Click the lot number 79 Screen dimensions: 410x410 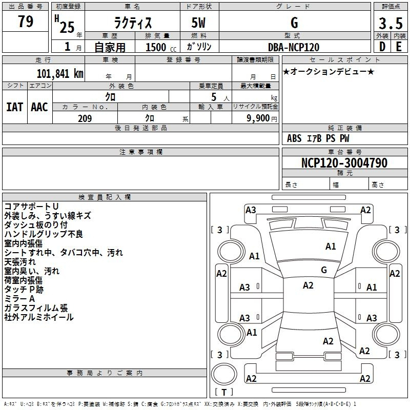pyautogui.click(x=26, y=21)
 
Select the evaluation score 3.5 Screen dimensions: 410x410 pyautogui.click(x=391, y=23)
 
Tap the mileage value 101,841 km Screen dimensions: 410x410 pyautogui.click(x=60, y=74)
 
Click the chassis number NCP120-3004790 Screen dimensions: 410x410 pyautogui.click(x=344, y=162)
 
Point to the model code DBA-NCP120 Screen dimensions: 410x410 pyautogui.click(x=294, y=47)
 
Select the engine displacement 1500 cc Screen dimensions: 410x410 pyautogui.click(x=161, y=47)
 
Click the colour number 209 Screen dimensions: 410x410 pyautogui.click(x=85, y=118)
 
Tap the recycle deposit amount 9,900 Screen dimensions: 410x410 pyautogui.click(x=258, y=118)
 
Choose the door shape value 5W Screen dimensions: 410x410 pyautogui.click(x=198, y=23)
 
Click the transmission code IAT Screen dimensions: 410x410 pyautogui.click(x=15, y=107)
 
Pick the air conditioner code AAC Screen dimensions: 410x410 pyautogui.click(x=39, y=107)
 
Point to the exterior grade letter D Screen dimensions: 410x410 pyautogui.click(x=382, y=47)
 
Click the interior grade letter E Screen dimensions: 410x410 pyautogui.click(x=399, y=47)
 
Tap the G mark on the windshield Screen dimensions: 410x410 pyautogui.click(x=324, y=270)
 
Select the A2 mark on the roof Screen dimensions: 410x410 pyautogui.click(x=308, y=285)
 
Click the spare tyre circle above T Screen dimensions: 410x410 pyautogui.click(x=224, y=374)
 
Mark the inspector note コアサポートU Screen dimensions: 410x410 pyautogui.click(x=31, y=207)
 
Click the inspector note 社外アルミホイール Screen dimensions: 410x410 pyautogui.click(x=39, y=317)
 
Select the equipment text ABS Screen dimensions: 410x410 pyautogui.click(x=294, y=138)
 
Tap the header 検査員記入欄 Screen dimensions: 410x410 pyautogui.click(x=105, y=197)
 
